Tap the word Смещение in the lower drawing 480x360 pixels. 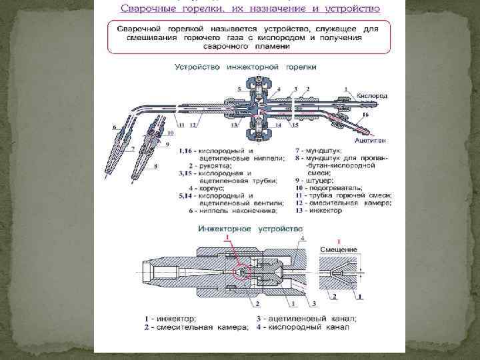click(x=339, y=249)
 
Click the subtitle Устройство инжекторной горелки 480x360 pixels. click(x=245, y=67)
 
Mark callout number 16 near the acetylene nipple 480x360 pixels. click(x=366, y=115)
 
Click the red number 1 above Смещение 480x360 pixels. click(x=339, y=241)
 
